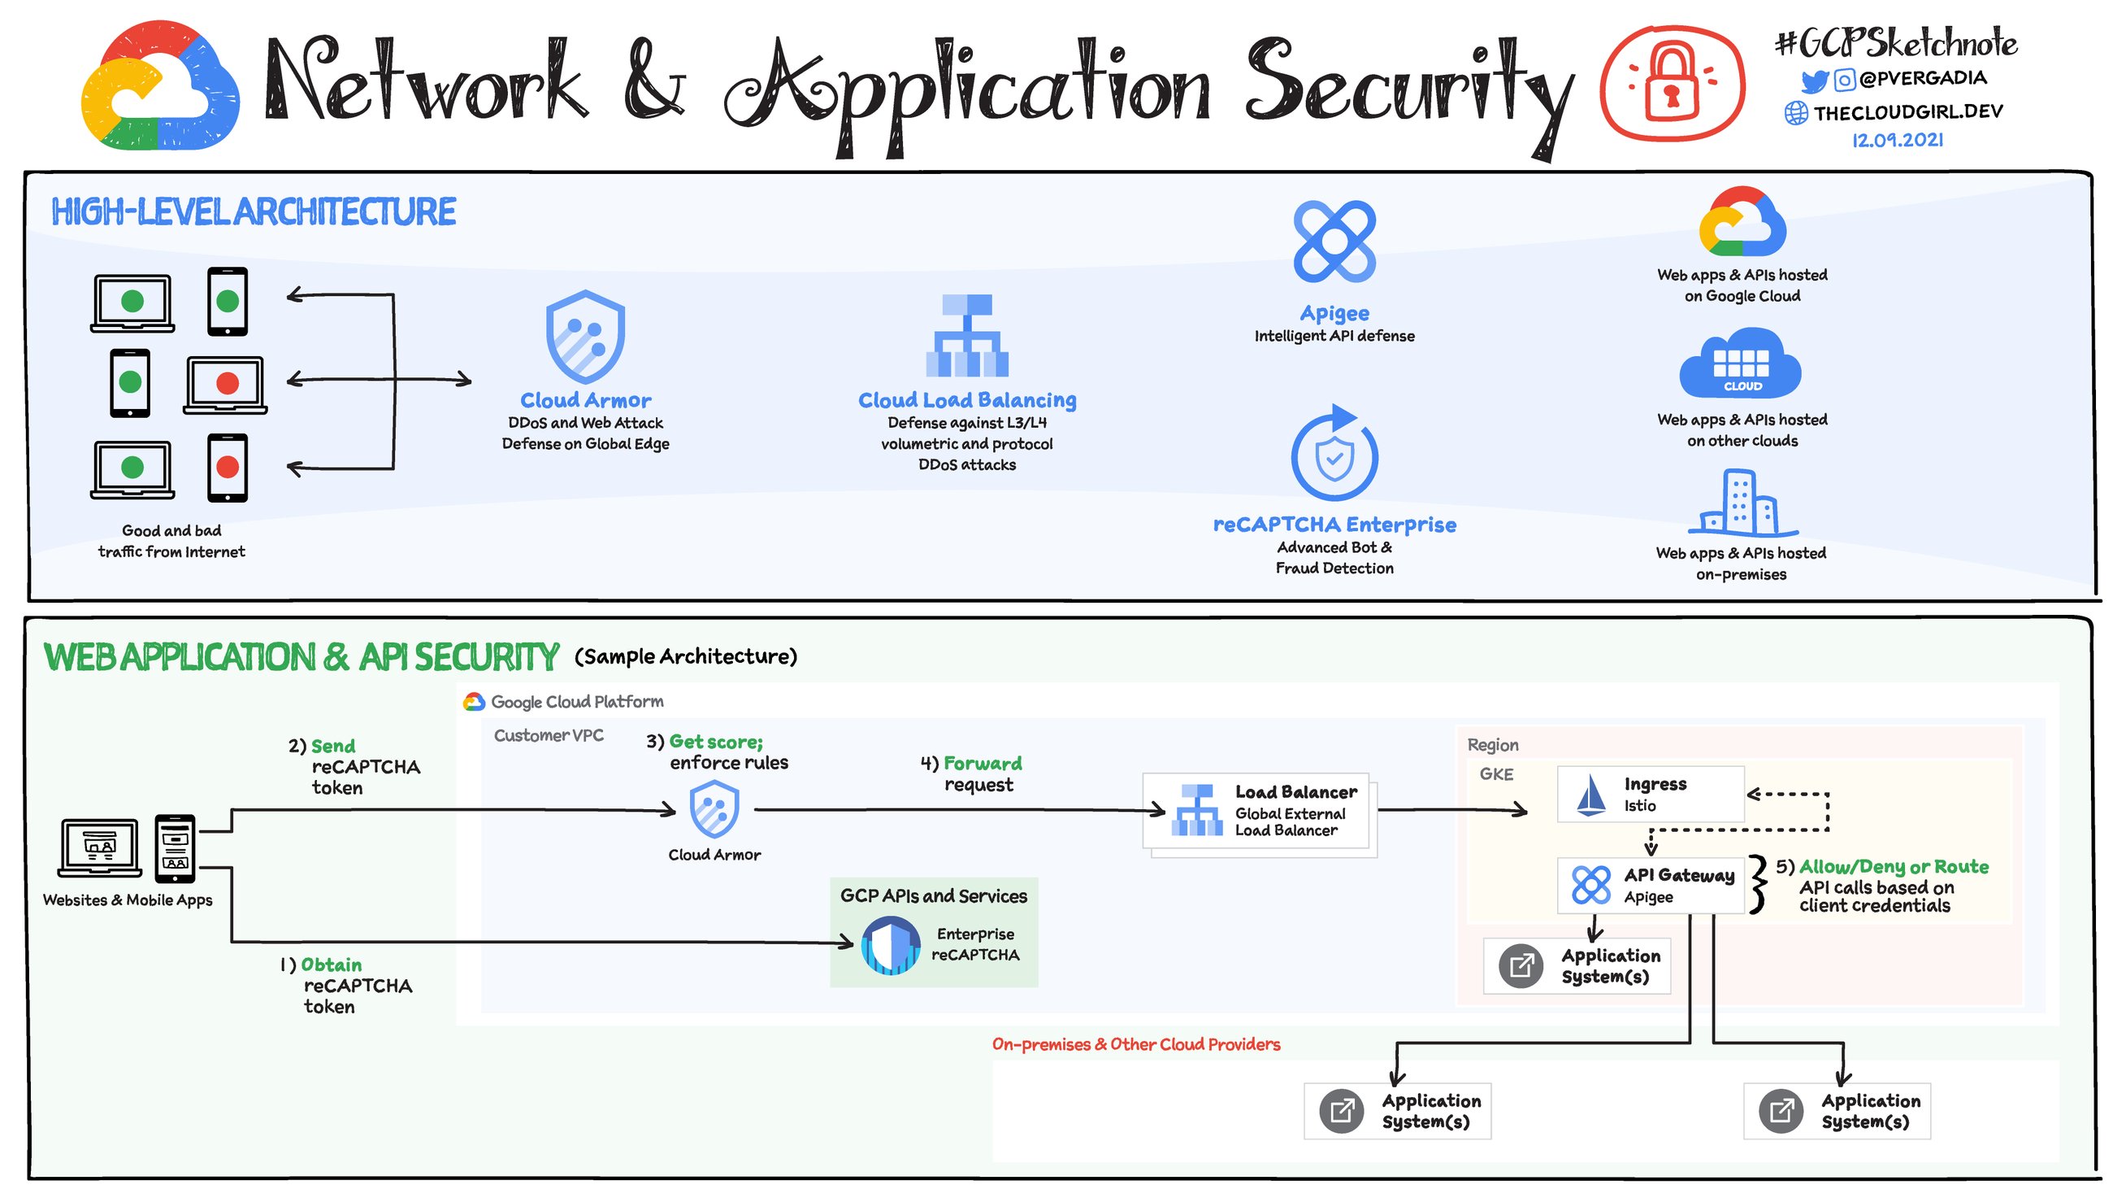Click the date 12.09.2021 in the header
pos(1898,141)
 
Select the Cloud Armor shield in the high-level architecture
pos(586,337)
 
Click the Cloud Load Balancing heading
pos(967,400)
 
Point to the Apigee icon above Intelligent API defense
pos(1334,242)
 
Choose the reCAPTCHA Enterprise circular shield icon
pos(1334,455)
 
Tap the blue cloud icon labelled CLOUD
pos(1741,365)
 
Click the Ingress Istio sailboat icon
pos(1592,795)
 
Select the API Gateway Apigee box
pos(1651,886)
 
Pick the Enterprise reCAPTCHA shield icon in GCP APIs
pos(891,945)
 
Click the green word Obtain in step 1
pos(332,965)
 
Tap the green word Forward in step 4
pos(983,764)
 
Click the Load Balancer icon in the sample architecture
pos(1197,810)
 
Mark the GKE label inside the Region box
pos(1496,773)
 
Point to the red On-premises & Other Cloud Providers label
pos(1136,1044)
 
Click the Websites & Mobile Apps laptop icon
pos(99,847)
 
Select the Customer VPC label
pos(548,735)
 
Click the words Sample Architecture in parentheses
pos(686,656)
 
